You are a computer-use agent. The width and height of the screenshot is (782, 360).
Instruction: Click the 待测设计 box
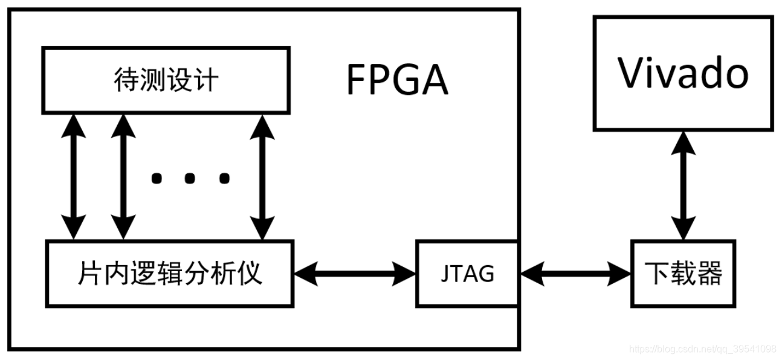(x=166, y=80)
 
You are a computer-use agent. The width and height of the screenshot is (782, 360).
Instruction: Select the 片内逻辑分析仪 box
(x=170, y=274)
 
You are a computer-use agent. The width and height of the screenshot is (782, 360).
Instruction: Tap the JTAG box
(x=467, y=274)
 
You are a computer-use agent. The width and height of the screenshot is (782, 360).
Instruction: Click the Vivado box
(x=683, y=73)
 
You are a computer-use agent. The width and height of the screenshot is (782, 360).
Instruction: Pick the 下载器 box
(x=684, y=274)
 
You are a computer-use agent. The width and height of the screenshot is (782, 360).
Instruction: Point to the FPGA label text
(x=397, y=80)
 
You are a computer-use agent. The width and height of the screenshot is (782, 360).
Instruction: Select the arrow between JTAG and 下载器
(x=575, y=274)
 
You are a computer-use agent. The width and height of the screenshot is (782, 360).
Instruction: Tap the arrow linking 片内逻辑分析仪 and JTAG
(x=355, y=274)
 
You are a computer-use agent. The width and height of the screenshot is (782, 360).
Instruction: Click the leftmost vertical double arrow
(x=75, y=177)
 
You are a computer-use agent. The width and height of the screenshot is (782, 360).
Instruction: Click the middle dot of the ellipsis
(x=190, y=178)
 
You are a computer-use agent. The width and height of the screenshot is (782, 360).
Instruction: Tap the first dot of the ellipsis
(x=157, y=178)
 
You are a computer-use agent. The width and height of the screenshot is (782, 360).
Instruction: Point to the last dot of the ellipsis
(x=224, y=178)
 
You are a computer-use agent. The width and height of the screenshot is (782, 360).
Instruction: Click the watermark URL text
(x=702, y=349)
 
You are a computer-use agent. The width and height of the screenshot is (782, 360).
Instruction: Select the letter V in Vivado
(x=631, y=74)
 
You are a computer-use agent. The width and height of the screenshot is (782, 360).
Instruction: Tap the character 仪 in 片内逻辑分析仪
(x=251, y=274)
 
